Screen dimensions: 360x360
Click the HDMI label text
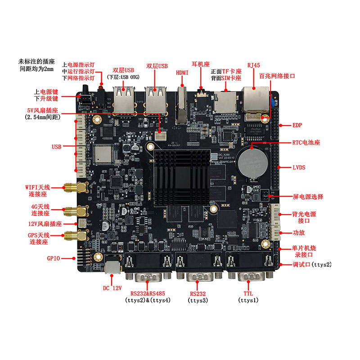(x=182, y=72)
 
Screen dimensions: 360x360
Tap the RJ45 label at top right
(x=254, y=65)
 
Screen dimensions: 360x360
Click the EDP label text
(x=299, y=125)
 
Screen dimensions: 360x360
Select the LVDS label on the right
(x=299, y=167)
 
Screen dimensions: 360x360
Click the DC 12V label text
(x=112, y=288)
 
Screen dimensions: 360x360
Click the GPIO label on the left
(x=54, y=258)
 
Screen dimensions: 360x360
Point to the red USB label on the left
(x=56, y=147)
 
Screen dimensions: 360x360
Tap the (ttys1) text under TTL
(x=250, y=300)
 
